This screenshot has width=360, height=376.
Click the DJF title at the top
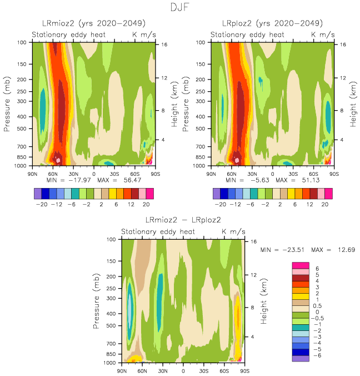179,8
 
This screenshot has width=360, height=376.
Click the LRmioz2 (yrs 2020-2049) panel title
94,23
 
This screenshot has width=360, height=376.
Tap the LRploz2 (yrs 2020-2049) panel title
273,23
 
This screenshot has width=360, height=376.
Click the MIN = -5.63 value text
248,180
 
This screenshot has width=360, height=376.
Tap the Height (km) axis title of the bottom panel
265,300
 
